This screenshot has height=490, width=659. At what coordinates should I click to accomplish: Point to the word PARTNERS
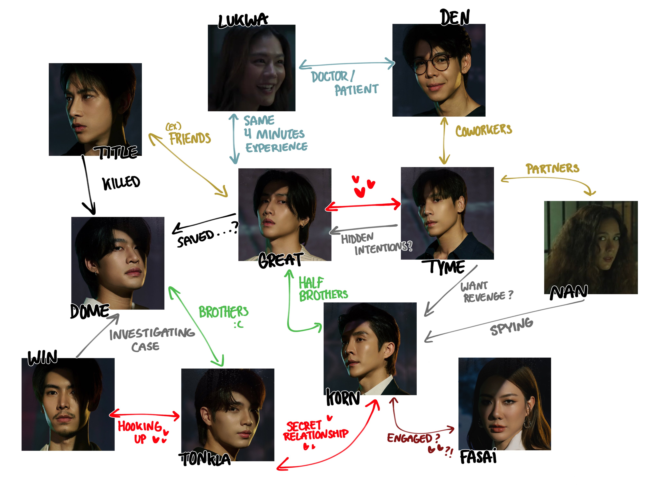(x=552, y=168)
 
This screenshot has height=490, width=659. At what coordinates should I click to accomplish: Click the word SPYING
(x=511, y=327)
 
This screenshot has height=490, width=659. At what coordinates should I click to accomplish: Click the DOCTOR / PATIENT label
(x=344, y=83)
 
